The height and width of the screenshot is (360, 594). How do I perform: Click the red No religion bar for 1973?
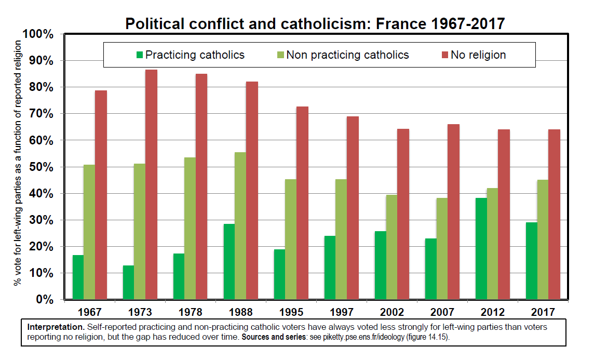[151, 184]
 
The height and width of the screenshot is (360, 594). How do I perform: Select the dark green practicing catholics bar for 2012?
[481, 249]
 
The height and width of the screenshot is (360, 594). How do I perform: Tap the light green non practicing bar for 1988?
[240, 226]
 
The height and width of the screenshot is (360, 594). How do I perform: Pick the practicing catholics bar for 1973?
[128, 282]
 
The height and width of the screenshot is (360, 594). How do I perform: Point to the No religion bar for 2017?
[554, 215]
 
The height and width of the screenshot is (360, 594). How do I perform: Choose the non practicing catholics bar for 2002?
[392, 247]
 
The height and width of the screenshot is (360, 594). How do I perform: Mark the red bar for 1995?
[302, 203]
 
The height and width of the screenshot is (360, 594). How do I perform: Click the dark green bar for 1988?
[229, 262]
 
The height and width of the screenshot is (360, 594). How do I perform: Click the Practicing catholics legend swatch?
[139, 55]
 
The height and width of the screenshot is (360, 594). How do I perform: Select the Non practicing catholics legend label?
[347, 55]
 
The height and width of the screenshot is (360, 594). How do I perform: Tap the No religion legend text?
[478, 55]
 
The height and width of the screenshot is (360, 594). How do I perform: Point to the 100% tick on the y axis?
[38, 34]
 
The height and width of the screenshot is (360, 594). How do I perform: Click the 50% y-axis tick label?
[42, 167]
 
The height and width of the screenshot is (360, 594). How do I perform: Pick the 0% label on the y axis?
[45, 299]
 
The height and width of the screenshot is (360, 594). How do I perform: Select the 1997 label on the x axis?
[342, 312]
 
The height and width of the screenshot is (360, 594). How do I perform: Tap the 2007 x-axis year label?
[442, 312]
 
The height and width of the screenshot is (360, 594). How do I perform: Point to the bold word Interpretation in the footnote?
[56, 327]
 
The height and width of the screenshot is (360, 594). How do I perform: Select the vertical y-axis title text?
[18, 163]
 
